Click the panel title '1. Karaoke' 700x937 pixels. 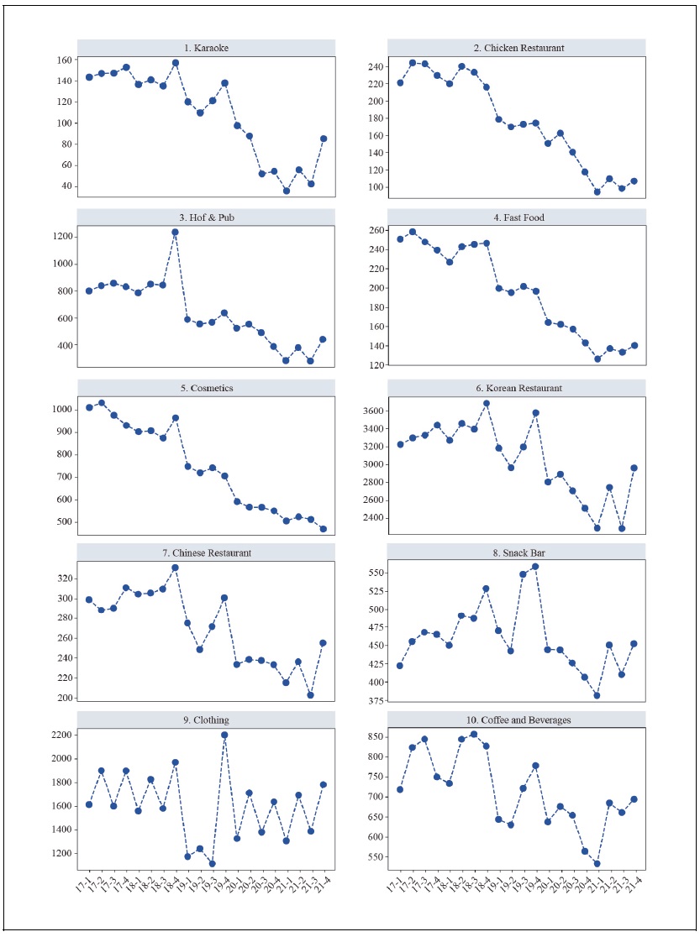coord(207,48)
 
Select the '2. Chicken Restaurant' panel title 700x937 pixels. coord(517,48)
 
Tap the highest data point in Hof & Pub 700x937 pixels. coord(176,233)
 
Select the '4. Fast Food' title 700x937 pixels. coord(517,217)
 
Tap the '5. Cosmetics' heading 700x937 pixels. coord(207,389)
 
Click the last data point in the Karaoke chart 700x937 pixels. coord(324,139)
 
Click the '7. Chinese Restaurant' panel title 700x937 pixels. coord(207,552)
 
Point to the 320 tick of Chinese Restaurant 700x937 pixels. coord(62,578)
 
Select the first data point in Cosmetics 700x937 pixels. coord(89,408)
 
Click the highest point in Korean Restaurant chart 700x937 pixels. coord(487,404)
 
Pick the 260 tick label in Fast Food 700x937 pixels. coord(376,230)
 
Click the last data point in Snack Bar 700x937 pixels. coord(635,644)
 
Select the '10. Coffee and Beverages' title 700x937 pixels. coord(517,720)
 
